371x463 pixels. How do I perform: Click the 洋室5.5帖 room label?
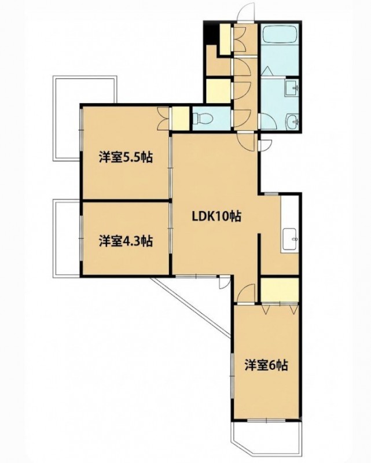point(126,157)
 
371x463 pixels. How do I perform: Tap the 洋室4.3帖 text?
point(126,241)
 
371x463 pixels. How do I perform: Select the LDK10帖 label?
point(216,216)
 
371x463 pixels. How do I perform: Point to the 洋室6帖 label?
point(266,366)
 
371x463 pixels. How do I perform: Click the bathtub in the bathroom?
point(280,35)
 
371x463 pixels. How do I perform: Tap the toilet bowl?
point(203,119)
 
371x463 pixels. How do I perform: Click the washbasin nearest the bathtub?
point(292,88)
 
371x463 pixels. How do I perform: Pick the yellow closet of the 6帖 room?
point(280,290)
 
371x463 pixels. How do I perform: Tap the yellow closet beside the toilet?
point(181,118)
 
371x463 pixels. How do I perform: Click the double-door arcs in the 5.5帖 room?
point(163,119)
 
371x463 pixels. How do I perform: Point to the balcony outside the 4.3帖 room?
point(66,238)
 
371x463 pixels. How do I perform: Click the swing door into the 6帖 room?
point(246,293)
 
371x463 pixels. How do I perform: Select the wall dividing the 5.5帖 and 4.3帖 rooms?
point(126,201)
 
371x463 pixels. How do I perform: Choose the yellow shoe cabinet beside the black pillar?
point(225,39)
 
